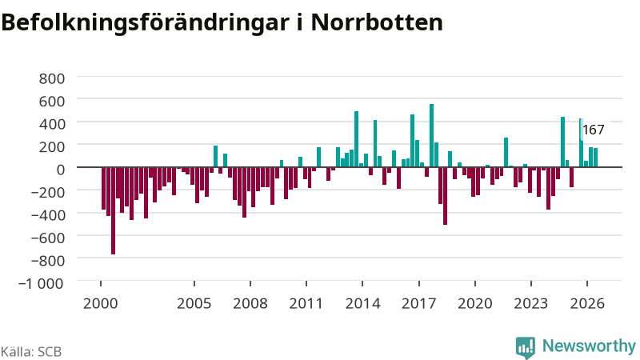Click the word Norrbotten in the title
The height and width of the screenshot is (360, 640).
(377, 22)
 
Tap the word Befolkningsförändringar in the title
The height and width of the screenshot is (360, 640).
(145, 23)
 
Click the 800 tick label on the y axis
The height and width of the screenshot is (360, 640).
(52, 78)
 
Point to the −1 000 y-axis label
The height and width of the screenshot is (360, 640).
(42, 283)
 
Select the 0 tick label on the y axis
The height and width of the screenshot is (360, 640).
(61, 170)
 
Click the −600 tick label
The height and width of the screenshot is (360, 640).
(47, 238)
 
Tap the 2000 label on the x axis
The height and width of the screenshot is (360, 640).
(101, 304)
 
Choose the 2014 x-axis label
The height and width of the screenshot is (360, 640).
(363, 304)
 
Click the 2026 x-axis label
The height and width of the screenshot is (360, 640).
(587, 304)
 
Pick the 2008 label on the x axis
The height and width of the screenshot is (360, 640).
(250, 304)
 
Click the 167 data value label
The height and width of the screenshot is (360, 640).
(594, 130)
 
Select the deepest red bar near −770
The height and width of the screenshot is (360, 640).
(113, 210)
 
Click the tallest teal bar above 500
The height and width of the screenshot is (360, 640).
(431, 135)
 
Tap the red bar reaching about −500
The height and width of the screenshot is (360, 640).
(445, 196)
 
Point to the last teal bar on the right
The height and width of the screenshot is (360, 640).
(595, 158)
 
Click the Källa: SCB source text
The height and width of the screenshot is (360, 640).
(31, 352)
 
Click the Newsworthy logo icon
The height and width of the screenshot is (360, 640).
(526, 348)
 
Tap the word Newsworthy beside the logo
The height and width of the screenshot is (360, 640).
(589, 346)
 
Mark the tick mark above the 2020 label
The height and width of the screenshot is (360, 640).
(475, 284)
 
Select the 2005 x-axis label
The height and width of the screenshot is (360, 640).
(194, 304)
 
